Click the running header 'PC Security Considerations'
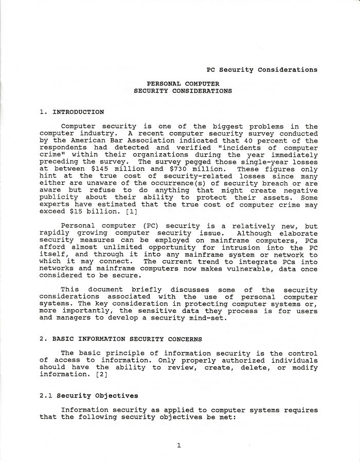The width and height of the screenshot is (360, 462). pyautogui.click(x=262, y=69)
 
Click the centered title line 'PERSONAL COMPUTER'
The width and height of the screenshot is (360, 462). pyautogui.click(x=183, y=84)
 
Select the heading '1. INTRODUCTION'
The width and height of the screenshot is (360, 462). pyautogui.click(x=71, y=112)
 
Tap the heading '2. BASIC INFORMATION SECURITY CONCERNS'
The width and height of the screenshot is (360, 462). pyautogui.click(x=121, y=339)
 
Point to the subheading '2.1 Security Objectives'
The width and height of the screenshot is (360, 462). pyautogui.click(x=89, y=396)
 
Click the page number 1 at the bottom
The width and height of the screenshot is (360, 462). pyautogui.click(x=178, y=446)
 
